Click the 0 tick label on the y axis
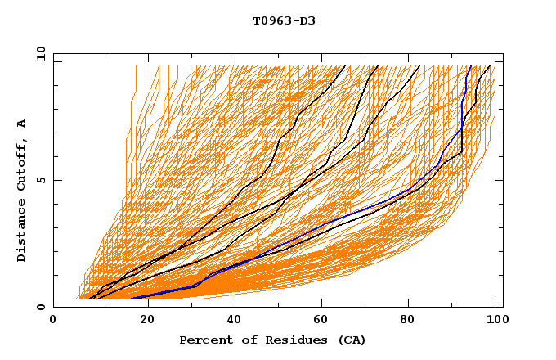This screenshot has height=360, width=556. (x=41, y=307)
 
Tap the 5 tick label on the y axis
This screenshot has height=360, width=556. (x=41, y=180)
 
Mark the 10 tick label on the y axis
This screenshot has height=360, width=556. (x=38, y=53)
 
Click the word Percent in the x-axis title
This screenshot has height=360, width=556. (x=203, y=340)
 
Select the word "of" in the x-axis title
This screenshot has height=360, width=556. (x=243, y=340)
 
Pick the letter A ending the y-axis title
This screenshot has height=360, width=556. (x=21, y=124)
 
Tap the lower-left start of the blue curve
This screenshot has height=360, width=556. (x=132, y=298)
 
